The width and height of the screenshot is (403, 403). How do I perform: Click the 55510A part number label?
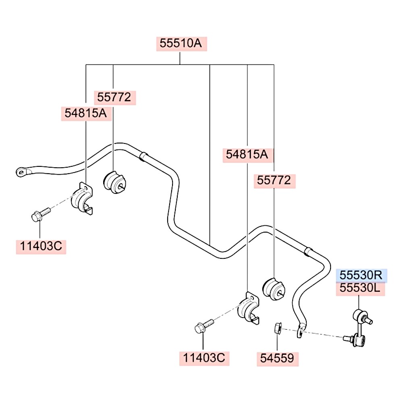click(181, 44)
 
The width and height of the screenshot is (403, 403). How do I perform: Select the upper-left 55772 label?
click(114, 98)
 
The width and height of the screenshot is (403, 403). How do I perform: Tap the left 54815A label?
click(86, 113)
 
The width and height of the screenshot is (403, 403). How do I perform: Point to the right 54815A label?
click(247, 155)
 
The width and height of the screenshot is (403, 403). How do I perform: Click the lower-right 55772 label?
click(274, 181)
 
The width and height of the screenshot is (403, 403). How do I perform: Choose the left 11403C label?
click(41, 247)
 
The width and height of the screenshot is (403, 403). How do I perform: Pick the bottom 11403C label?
click(204, 358)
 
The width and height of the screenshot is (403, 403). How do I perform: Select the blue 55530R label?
click(361, 276)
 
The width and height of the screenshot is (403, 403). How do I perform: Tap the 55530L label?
click(360, 289)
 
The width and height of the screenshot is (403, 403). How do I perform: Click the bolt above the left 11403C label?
click(41, 215)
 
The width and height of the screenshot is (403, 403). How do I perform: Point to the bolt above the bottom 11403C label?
click(204, 326)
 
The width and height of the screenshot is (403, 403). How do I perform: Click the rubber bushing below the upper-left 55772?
click(114, 182)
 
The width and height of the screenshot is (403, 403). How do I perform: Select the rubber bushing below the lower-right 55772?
click(274, 289)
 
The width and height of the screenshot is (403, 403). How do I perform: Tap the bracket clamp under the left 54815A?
click(82, 198)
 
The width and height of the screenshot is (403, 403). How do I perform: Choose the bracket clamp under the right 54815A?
click(248, 308)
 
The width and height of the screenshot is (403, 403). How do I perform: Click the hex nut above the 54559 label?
click(278, 328)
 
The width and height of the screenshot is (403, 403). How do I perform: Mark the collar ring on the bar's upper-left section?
click(143, 156)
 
